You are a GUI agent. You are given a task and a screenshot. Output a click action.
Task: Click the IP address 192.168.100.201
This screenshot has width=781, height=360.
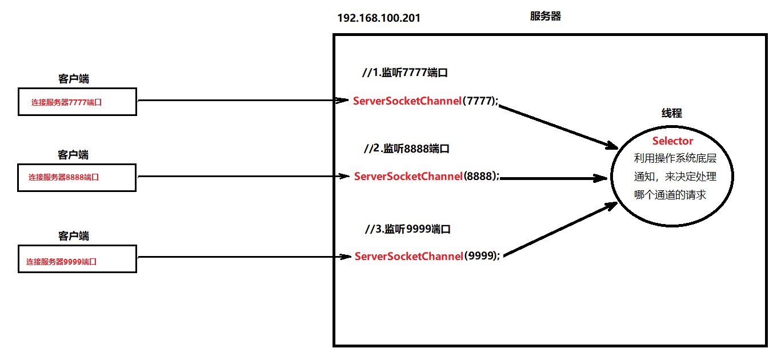pos(379,18)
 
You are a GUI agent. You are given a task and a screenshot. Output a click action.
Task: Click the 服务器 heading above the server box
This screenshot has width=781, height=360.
pos(545,16)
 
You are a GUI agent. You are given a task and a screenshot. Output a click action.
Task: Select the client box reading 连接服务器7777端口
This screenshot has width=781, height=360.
pos(77,102)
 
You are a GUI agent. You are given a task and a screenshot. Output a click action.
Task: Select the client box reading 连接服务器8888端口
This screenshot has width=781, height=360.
pos(77,178)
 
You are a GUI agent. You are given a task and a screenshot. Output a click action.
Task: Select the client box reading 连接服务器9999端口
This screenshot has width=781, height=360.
pos(77,259)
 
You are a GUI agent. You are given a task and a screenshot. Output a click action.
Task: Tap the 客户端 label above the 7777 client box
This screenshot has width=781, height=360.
pos(74,79)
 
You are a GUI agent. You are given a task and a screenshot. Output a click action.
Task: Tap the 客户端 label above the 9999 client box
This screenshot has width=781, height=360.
pos(74,236)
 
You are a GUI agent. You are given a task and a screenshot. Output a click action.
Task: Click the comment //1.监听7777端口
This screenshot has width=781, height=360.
pos(405,73)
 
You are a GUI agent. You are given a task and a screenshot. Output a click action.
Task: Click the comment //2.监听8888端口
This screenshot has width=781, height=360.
pos(407,149)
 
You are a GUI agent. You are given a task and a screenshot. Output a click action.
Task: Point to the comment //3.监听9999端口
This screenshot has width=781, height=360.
pos(408,229)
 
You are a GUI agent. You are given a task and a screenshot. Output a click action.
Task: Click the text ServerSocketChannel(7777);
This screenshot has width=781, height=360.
pos(426,101)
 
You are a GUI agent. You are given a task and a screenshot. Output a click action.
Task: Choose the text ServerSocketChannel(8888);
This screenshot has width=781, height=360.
pos(427,176)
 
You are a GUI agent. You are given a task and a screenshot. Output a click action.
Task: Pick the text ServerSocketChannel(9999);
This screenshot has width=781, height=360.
pos(427,256)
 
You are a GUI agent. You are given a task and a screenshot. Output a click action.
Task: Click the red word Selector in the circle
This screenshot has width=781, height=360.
pos(672,141)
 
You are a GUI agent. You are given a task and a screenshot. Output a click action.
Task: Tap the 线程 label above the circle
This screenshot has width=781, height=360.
pos(672,113)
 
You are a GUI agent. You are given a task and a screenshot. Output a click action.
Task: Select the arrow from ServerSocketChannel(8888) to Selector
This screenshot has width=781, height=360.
pos(554,178)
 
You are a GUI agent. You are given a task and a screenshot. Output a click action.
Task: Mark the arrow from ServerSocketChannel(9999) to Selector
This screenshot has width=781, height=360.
pos(560,230)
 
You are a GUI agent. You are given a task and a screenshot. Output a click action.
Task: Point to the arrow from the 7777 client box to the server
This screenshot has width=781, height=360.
pos(243,101)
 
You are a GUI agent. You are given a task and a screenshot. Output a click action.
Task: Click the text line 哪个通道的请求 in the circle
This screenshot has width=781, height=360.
pos(670,195)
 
